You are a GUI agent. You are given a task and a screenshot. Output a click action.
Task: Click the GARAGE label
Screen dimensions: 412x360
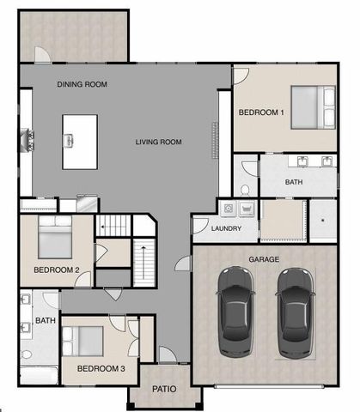pos(264,258)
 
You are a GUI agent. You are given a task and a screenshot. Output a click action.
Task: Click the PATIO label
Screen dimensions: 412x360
pos(164,389)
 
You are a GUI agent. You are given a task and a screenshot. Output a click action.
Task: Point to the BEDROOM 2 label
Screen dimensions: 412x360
pos(57,270)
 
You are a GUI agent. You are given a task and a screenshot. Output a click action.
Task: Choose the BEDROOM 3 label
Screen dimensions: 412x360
pos(101,369)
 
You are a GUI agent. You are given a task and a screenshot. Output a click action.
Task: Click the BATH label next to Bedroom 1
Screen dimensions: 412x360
pos(295,182)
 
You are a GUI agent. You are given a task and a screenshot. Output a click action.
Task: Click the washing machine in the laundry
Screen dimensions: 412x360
pos(229,209)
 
